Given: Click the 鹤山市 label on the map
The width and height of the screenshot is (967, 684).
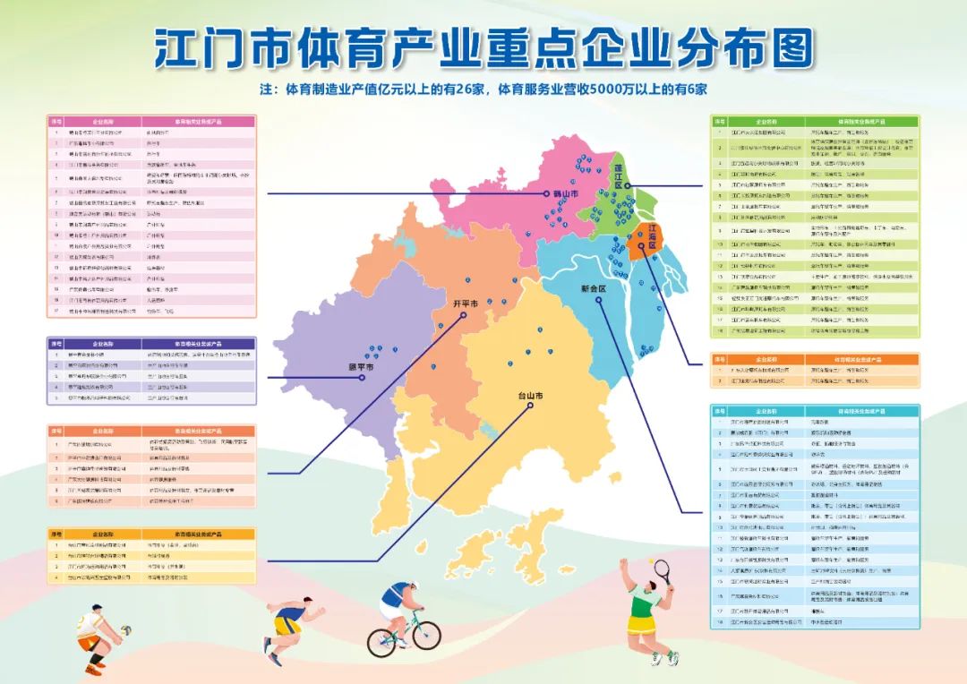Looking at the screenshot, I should (566, 193).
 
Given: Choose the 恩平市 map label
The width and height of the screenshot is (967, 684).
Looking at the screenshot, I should (360, 367).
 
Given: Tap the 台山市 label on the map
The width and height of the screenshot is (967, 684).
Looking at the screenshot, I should (531, 395).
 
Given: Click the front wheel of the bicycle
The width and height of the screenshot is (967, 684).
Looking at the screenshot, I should (425, 635).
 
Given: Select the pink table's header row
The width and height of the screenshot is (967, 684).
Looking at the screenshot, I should (151, 120).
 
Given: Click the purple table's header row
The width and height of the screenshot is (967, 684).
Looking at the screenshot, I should (151, 343).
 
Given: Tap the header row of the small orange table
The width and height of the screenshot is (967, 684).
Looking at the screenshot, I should (815, 358).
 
